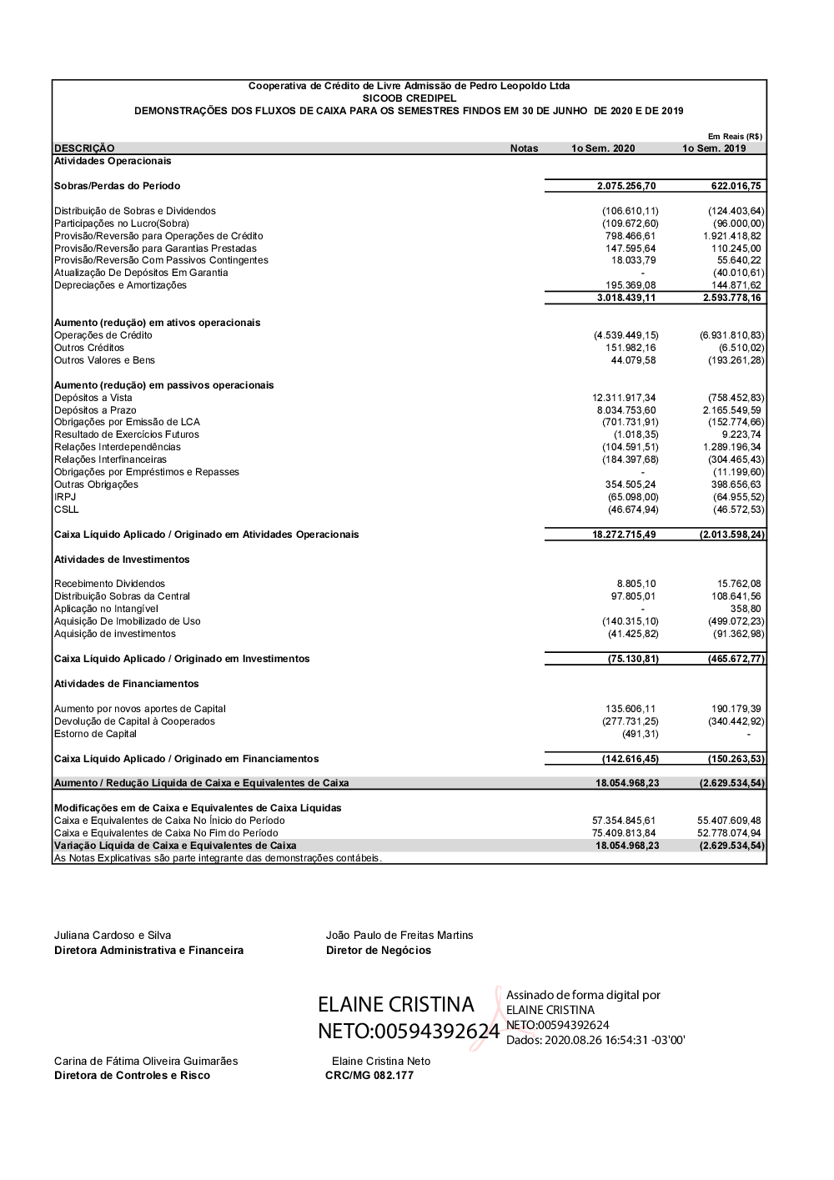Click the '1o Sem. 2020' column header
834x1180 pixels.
point(602,148)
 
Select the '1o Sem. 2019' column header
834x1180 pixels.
point(714,148)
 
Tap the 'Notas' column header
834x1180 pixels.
point(524,148)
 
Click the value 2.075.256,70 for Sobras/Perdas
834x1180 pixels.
point(626,186)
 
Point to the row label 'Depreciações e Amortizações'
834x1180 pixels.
point(120,285)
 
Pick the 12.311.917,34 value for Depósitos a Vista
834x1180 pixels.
point(624,398)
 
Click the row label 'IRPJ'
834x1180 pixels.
point(65,497)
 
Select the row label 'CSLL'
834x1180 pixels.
point(67,510)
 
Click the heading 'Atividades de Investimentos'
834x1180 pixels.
point(122,560)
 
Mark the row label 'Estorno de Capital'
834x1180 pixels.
point(95,734)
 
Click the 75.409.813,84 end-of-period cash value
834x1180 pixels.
point(624,833)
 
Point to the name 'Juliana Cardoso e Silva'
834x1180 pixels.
point(113,936)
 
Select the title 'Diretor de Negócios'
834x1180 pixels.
point(379,951)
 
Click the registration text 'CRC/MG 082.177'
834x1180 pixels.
point(369,1076)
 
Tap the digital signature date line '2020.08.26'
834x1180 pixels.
point(595,1040)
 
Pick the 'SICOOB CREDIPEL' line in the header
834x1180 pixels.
point(409,98)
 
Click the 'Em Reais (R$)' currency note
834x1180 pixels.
point(735,137)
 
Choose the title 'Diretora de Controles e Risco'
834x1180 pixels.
point(132,1076)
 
